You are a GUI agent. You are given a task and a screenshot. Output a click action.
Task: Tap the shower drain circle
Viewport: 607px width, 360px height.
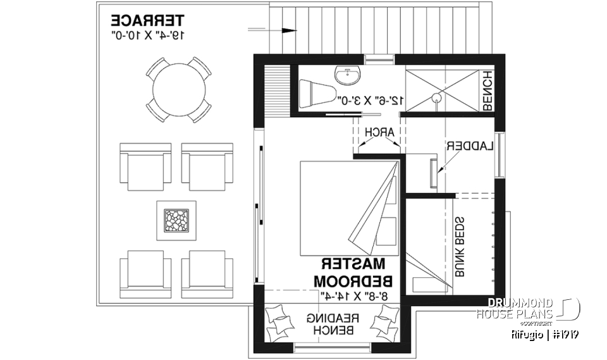click(435, 98)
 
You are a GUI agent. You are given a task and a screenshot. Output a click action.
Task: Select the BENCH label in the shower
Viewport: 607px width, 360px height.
click(487, 90)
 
